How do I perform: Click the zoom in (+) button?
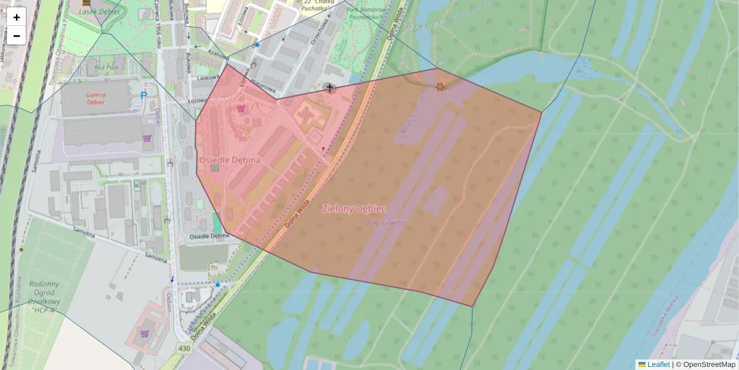click(17, 17)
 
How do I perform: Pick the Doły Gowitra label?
click(386, 223)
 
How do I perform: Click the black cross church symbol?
click(330, 88)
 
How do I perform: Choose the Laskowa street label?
click(208, 78)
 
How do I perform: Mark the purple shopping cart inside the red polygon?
click(241, 109)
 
